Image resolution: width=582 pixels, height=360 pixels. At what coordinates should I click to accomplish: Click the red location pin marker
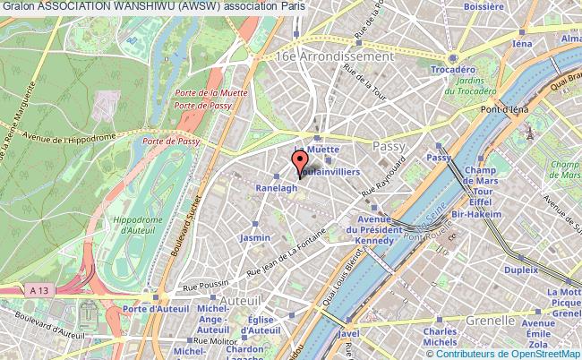(x=298, y=165)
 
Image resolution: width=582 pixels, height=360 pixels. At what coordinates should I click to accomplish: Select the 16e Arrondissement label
(x=325, y=56)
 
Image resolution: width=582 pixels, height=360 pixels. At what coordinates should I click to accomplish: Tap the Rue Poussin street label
(x=203, y=287)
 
